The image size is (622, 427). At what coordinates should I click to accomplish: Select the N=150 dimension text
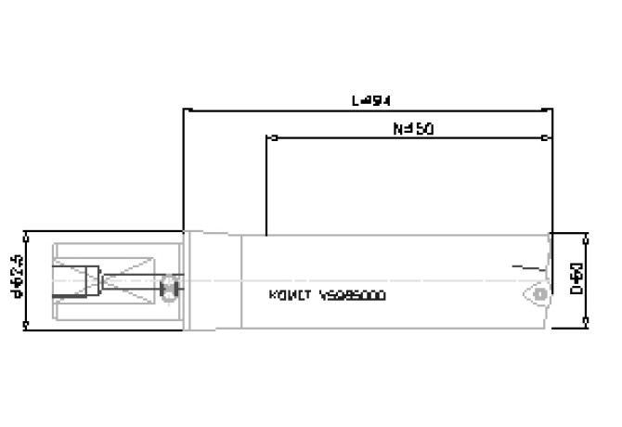tap(409, 129)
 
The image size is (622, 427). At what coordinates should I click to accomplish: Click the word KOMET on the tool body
tap(288, 296)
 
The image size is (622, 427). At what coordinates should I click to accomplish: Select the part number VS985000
tap(352, 296)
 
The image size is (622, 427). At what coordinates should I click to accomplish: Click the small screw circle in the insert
tap(539, 294)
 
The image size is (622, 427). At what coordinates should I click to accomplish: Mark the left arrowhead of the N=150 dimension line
tap(268, 139)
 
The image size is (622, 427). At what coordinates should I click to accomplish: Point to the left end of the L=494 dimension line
tap(185, 110)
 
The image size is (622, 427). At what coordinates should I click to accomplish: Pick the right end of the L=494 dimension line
tap(552, 110)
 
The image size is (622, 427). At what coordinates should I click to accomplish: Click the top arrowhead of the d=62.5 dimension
tap(26, 231)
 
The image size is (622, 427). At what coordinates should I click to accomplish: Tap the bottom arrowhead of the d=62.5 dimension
tap(26, 323)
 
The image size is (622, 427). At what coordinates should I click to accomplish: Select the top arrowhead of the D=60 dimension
tap(586, 234)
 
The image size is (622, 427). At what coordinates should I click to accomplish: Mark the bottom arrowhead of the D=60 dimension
tap(586, 322)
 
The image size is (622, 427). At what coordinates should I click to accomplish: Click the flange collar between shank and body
tap(213, 278)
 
